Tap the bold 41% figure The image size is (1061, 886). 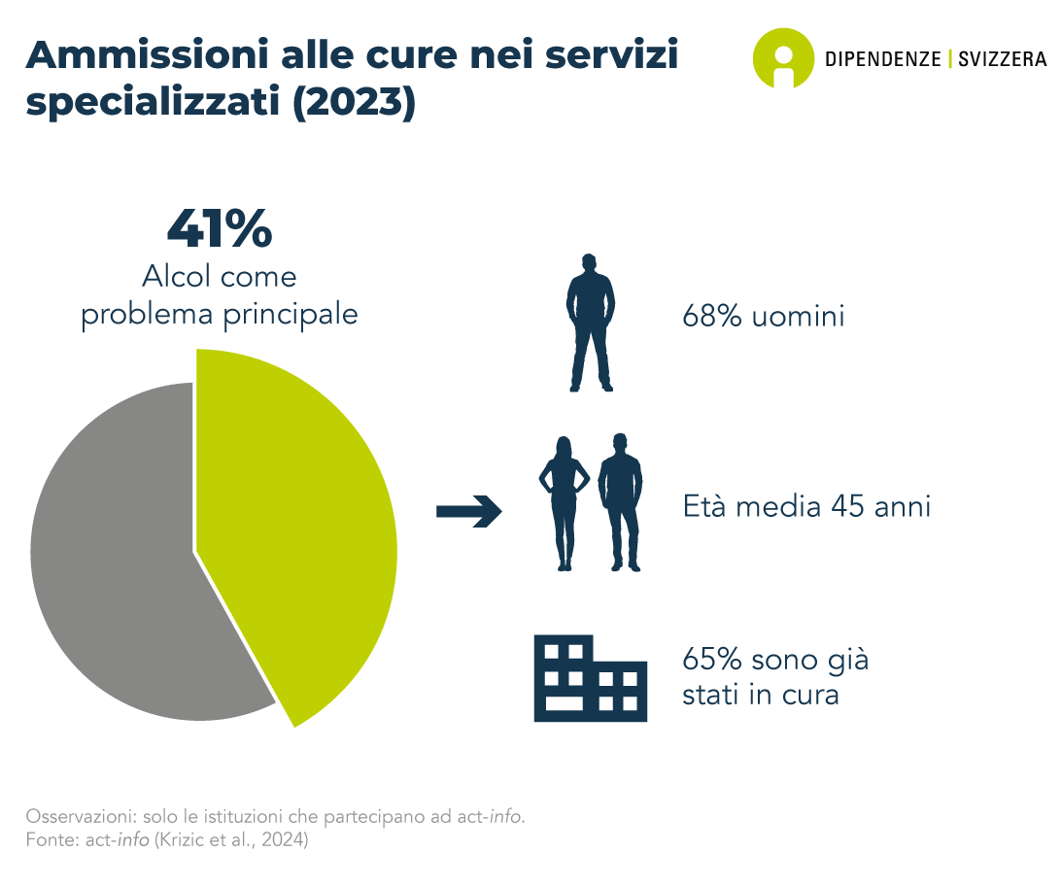pyautogui.click(x=220, y=228)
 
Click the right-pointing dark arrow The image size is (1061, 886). pyautogui.click(x=469, y=511)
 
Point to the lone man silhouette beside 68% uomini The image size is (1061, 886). pyautogui.click(x=590, y=323)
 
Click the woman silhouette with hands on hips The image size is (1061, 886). pyautogui.click(x=564, y=503)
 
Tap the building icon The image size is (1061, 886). pyautogui.click(x=590, y=678)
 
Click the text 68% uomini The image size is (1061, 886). pyautogui.click(x=764, y=316)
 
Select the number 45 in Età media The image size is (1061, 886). pyautogui.click(x=848, y=506)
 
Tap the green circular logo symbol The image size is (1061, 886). pyautogui.click(x=783, y=58)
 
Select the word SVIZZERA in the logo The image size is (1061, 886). pyautogui.click(x=1003, y=59)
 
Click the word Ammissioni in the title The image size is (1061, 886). pyautogui.click(x=148, y=54)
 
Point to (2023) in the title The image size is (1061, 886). pyautogui.click(x=354, y=103)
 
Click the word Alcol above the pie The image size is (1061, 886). pyautogui.click(x=172, y=277)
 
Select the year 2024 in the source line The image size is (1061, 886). pyautogui.click(x=282, y=840)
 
